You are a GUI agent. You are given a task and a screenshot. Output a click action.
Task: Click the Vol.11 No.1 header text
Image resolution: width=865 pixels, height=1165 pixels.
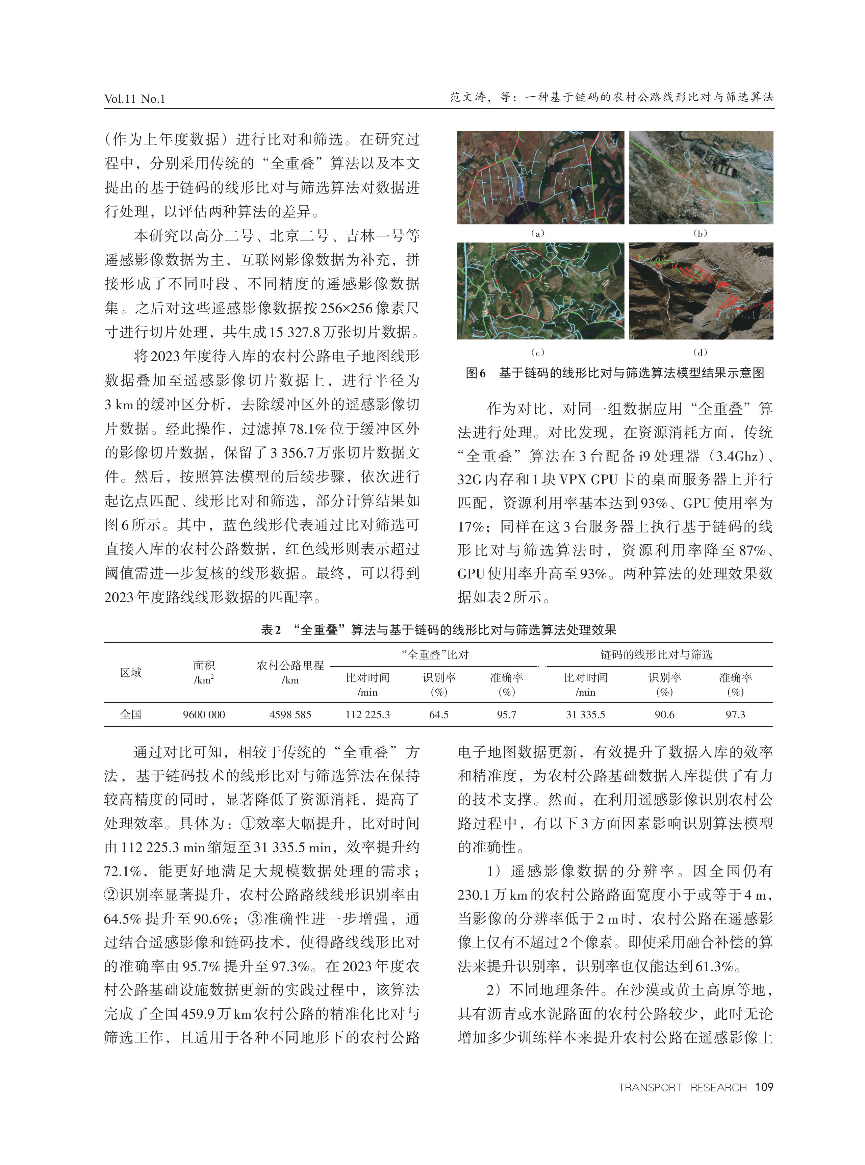(x=134, y=98)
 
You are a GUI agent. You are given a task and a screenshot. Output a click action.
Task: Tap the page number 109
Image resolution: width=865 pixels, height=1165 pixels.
(x=764, y=1087)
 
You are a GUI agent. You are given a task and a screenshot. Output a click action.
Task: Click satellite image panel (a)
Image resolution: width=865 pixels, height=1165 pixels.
(x=540, y=177)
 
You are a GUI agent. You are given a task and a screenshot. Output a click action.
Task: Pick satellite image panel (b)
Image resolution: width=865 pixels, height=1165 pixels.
(x=701, y=177)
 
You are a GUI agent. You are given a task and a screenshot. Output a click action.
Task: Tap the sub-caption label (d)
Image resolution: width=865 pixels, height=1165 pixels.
(x=700, y=352)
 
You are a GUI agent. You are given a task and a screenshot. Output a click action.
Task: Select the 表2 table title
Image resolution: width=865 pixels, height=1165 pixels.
(x=438, y=629)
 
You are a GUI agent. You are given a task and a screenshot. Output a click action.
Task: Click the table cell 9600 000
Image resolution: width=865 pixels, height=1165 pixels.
(x=204, y=715)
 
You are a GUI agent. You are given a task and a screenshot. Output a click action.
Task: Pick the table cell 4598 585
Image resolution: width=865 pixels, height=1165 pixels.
(x=290, y=715)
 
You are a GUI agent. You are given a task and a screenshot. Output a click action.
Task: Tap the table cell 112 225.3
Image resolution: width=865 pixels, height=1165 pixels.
(x=367, y=715)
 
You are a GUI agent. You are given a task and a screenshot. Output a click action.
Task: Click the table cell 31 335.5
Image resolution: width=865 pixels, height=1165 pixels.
(x=585, y=715)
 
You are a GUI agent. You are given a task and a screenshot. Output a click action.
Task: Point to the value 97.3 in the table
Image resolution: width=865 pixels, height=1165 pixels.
(x=735, y=715)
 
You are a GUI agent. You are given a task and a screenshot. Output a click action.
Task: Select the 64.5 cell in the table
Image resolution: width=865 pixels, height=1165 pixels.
(x=439, y=715)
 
